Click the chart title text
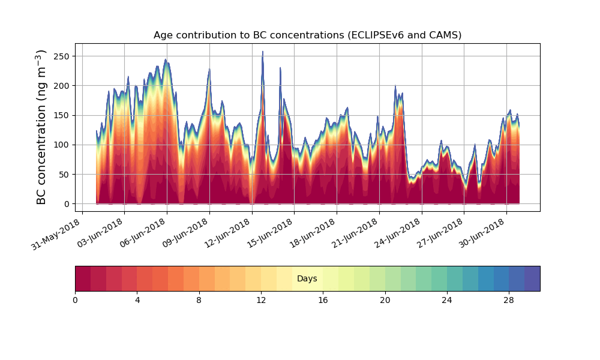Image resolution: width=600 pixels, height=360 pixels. [307, 35]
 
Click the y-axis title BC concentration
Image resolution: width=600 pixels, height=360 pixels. [41, 127]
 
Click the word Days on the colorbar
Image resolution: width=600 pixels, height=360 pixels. [307, 279]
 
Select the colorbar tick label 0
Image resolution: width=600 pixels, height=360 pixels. [75, 300]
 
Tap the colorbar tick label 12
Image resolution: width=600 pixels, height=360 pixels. [261, 300]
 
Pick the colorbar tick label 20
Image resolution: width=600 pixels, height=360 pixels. [385, 300]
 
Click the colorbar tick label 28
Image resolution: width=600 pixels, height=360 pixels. [509, 300]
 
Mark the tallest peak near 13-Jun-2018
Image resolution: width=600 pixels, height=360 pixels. [262, 52]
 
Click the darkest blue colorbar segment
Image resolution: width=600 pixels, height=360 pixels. [532, 278]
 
